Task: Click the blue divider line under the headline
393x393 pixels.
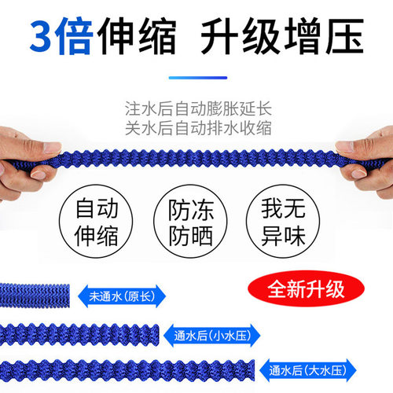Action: tap(196, 78)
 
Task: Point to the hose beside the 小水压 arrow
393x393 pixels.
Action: tap(79, 334)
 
